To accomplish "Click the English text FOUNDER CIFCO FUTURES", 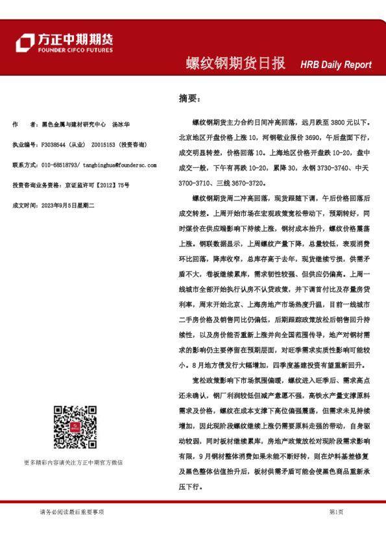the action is (x=75, y=50).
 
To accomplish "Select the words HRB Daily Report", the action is (x=335, y=65).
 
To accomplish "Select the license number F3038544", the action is (x=54, y=145).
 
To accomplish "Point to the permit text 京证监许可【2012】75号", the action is (x=97, y=185).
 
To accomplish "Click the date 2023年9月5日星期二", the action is (x=68, y=205).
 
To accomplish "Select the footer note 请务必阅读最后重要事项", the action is (x=71, y=512).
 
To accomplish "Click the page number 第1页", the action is (x=335, y=512).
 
